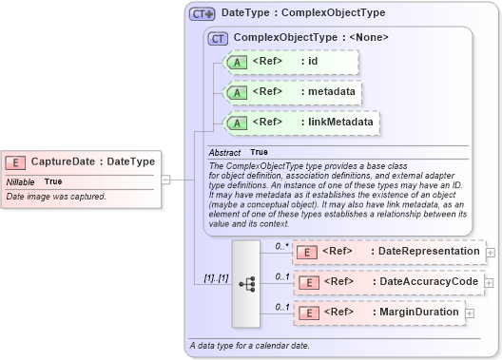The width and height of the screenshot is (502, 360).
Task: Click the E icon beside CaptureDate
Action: [x=18, y=162]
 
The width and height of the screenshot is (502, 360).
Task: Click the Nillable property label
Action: [x=21, y=181]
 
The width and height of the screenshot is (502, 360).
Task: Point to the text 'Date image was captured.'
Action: [x=56, y=197]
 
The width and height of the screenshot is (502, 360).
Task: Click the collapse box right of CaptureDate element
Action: [x=165, y=178]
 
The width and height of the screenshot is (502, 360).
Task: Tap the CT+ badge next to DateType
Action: [x=202, y=14]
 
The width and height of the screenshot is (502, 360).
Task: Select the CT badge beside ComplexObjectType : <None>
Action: [x=219, y=38]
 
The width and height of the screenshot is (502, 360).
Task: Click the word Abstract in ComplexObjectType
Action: [x=225, y=152]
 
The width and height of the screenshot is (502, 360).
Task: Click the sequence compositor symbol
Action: [x=246, y=283]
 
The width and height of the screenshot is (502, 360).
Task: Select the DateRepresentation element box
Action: [x=389, y=252]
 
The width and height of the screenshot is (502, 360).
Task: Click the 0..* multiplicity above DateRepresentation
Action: [x=281, y=246]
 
